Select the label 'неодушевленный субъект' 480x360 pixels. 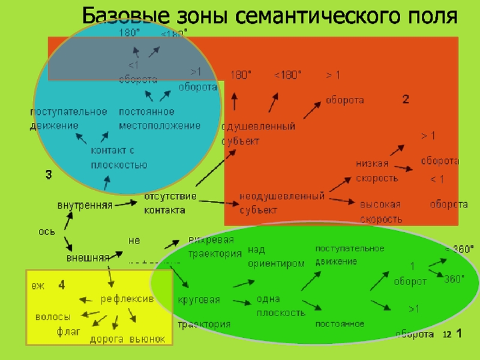point(282,203)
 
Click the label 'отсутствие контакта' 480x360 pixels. point(170,203)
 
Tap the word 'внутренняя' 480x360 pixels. point(85,205)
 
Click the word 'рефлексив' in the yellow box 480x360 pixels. point(127,299)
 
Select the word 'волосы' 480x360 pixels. point(53,317)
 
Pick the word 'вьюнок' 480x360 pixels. point(147,340)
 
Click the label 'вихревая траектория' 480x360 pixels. point(215,247)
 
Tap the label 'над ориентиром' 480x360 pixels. point(276,256)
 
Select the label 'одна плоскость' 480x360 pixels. point(281,306)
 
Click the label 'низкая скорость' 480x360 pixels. point(377,171)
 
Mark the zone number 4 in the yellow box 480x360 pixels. point(61,286)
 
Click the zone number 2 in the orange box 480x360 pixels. point(406,100)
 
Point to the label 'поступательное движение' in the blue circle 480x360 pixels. point(68,118)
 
